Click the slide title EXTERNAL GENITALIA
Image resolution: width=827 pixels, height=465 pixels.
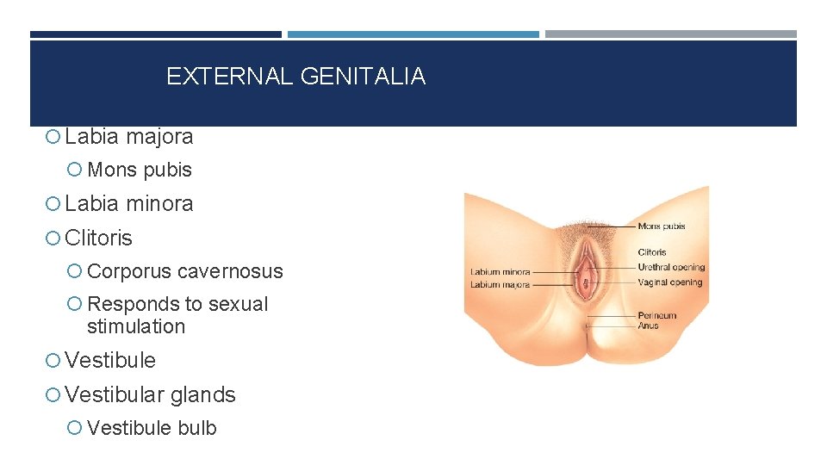tap(295, 77)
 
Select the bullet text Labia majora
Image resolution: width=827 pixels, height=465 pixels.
tap(129, 136)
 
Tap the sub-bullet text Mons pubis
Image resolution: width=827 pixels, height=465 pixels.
tap(140, 170)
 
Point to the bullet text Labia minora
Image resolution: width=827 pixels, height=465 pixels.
tap(129, 204)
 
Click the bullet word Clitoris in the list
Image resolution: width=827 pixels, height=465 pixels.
tap(99, 238)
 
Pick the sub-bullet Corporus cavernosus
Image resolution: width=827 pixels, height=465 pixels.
tap(185, 271)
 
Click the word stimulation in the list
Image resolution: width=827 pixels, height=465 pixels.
tap(136, 327)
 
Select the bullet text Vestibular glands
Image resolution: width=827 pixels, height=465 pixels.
tap(150, 395)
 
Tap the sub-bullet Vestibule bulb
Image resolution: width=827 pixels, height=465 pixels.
tap(152, 428)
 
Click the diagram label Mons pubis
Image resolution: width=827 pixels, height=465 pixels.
tap(662, 226)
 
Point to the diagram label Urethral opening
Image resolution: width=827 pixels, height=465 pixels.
tap(671, 268)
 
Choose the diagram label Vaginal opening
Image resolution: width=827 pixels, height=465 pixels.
tap(670, 282)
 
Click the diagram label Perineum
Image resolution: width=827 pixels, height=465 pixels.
tap(657, 315)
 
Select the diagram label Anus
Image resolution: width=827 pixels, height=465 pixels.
tap(648, 325)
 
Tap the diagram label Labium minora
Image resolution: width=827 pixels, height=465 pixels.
tap(500, 272)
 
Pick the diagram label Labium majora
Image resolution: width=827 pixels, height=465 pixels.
tap(500, 284)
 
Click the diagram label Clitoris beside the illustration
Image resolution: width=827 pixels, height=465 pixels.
tap(652, 252)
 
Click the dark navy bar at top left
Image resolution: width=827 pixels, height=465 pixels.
tap(155, 34)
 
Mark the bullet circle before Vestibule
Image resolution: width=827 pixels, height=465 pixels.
tap(54, 361)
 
